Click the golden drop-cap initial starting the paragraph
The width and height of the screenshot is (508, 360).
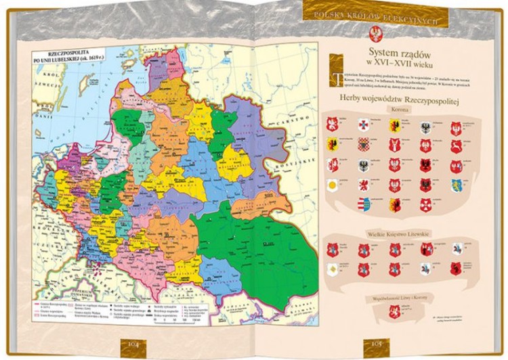tap(331, 76)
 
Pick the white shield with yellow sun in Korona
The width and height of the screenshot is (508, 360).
tap(333, 185)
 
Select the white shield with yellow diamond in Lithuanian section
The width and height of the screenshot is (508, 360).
tap(333, 269)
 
